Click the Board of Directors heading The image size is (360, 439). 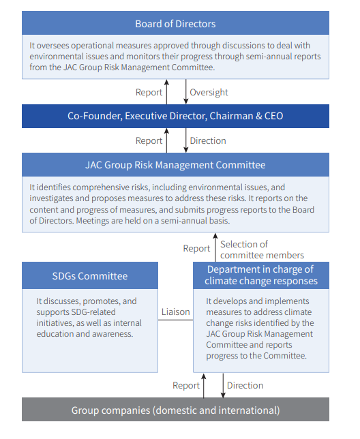point(175,24)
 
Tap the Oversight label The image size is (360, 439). point(209,92)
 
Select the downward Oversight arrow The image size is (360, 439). point(185,91)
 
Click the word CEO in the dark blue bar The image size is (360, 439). point(273,116)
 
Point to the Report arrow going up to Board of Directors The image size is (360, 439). point(166,92)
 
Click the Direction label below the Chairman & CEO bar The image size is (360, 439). point(208,140)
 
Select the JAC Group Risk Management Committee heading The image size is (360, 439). point(175,165)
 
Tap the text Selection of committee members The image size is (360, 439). point(262,249)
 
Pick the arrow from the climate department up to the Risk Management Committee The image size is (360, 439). point(215,247)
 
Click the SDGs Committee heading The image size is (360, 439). point(90,276)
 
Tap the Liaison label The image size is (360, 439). point(175,312)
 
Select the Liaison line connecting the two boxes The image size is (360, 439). point(175,320)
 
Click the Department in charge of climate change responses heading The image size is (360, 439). point(261,275)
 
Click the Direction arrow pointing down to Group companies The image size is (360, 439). point(223,385)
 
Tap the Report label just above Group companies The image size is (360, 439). point(186,385)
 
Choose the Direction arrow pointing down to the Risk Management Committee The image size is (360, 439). point(185,140)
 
